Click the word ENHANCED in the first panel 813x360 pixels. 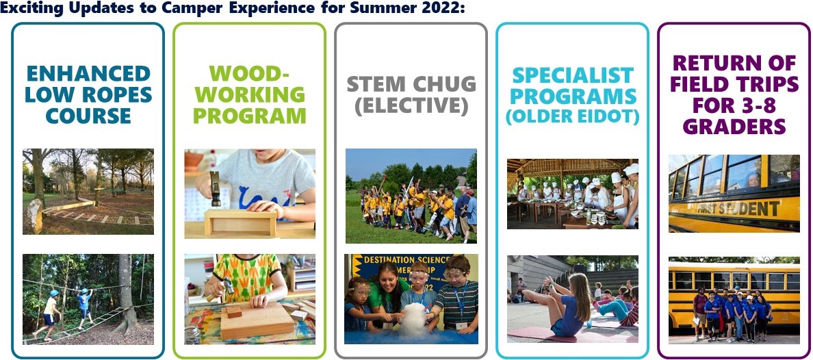point(88,73)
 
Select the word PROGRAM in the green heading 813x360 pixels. point(249,115)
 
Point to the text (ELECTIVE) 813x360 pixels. point(411,106)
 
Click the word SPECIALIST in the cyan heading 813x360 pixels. point(572,75)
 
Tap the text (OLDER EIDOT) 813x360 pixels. point(572,116)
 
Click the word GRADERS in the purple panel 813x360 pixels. point(734,127)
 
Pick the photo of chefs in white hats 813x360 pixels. point(572,193)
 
